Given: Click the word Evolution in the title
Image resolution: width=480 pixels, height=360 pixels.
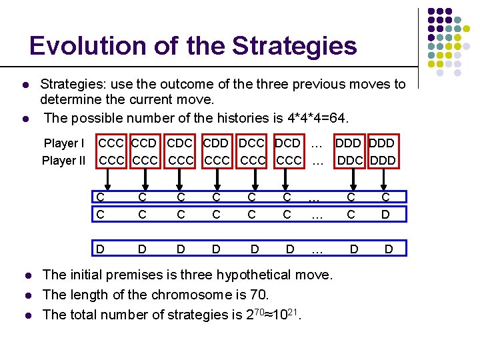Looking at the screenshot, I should pyautogui.click(x=79, y=46).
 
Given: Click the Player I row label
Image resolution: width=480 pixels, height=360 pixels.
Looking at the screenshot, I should pyautogui.click(x=64, y=143).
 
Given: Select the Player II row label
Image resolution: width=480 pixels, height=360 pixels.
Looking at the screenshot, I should pyautogui.click(x=64, y=161).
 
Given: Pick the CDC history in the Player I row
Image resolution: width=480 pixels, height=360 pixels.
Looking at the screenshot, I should pyautogui.click(x=181, y=143).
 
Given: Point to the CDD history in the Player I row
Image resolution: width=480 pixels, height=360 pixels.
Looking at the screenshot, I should pyautogui.click(x=215, y=143).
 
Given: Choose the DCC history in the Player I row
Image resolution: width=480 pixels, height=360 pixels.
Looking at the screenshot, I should pyautogui.click(x=251, y=143).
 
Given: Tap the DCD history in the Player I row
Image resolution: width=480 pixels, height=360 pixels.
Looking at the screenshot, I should pyautogui.click(x=287, y=143).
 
